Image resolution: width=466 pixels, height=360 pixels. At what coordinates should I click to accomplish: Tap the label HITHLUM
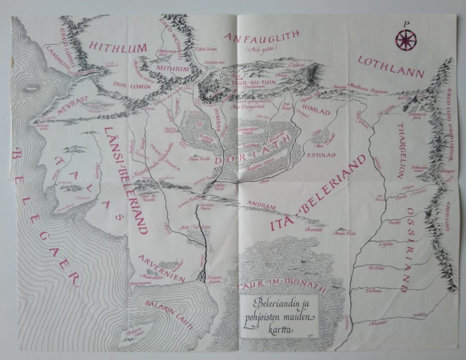point(118,47)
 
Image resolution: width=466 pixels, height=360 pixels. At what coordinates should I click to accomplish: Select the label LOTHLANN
point(391,67)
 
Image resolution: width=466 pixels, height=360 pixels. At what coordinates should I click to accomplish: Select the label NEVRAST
point(72,105)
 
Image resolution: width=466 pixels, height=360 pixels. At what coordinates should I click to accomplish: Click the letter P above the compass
point(406,23)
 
